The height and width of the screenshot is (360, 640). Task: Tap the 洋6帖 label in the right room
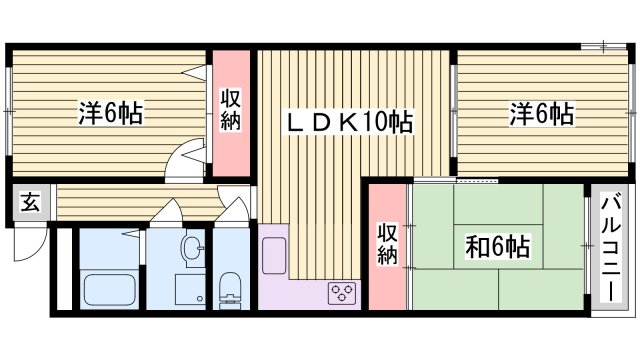click(x=541, y=114)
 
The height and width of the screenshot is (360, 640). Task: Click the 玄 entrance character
click(x=30, y=203)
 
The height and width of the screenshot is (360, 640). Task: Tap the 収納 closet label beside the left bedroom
click(x=229, y=110)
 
